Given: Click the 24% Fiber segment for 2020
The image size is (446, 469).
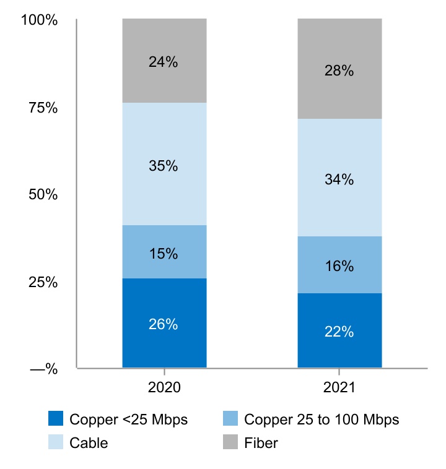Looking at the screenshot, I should pos(164,61).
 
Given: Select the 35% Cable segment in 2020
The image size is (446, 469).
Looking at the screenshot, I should pos(164,164).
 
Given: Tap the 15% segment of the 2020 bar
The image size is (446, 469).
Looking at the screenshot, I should pos(164,252).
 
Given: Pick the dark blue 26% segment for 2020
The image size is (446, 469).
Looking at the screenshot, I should pos(164,323).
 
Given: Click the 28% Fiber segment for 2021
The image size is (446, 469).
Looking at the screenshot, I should pos(339,69).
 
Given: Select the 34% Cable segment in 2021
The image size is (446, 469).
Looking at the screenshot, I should pos(339,178).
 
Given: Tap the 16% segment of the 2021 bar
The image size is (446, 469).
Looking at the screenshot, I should pos(339,265).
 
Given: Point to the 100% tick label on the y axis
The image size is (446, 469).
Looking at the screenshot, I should pos(39,20).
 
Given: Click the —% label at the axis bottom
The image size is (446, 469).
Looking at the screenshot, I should pos(43,370).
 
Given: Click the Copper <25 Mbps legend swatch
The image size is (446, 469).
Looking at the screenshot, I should pos(56,420).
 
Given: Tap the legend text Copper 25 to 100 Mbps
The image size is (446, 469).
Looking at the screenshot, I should pos(321,420).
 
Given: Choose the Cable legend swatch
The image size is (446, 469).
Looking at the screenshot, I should pos(56,443).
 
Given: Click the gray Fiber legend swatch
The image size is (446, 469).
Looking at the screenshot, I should pos(230,443).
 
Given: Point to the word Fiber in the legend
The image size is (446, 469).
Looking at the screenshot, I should pos(261,443).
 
